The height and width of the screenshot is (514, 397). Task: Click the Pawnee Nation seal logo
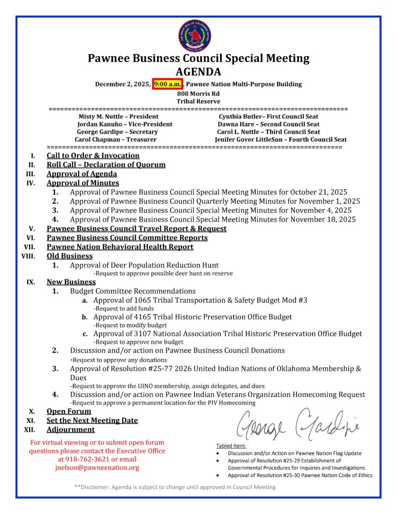tap(198, 35)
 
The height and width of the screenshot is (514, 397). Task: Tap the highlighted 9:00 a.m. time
tap(168, 84)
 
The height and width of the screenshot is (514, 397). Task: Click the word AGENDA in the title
tap(198, 71)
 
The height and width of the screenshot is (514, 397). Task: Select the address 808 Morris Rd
tap(198, 93)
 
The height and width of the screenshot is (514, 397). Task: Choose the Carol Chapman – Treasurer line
tap(115, 140)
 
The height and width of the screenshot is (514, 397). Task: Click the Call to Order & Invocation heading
tap(93, 156)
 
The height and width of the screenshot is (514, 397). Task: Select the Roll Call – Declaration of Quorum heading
tap(106, 165)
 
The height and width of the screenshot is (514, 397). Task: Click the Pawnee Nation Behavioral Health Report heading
tap(120, 247)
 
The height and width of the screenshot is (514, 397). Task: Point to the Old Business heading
tap(70, 256)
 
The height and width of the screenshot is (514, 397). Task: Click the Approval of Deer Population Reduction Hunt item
tap(144, 265)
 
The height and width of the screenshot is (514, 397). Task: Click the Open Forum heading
tap(69, 411)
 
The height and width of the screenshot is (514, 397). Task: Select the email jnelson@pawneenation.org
tap(97, 467)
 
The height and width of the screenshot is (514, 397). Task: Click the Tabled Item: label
tap(231, 446)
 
